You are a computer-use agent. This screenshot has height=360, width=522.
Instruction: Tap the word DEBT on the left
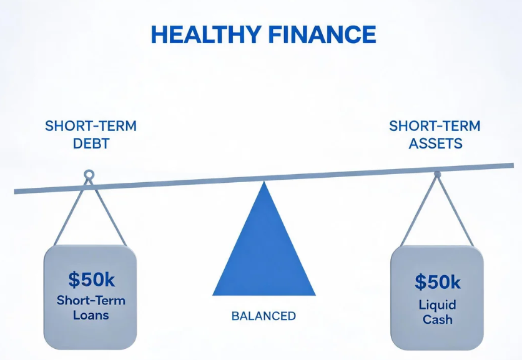point(91,144)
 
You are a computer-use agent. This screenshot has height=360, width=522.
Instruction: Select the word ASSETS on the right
point(435,144)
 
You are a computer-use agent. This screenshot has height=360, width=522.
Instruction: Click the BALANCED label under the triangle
point(263,316)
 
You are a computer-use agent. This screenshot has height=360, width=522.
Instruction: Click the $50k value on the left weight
point(92,279)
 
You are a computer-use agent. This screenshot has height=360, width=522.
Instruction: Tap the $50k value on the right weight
point(438,282)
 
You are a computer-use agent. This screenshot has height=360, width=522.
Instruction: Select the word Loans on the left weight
point(91,315)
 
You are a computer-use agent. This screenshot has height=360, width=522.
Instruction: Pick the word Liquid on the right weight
point(438,305)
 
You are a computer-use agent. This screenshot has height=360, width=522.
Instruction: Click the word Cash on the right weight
point(438,319)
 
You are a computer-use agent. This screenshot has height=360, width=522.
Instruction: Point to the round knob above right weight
point(438,174)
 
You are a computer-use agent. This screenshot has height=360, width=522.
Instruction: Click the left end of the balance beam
point(14,192)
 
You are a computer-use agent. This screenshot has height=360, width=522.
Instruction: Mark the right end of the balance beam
point(513,165)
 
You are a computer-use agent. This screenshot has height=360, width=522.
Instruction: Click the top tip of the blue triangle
point(264,182)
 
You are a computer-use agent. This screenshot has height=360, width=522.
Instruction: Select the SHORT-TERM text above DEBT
point(91,126)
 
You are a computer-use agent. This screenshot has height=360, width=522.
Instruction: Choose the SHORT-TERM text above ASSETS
point(435,126)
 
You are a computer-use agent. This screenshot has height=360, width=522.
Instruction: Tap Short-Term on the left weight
point(91,301)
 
